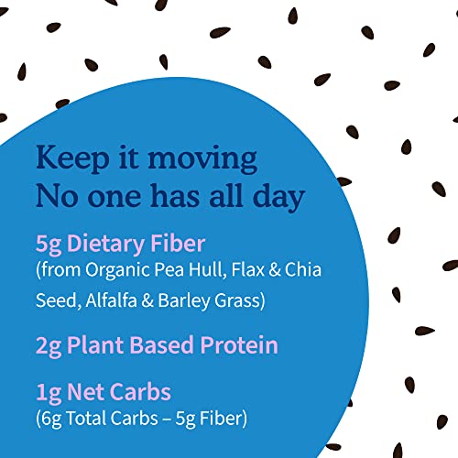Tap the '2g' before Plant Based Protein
tap(49, 345)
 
